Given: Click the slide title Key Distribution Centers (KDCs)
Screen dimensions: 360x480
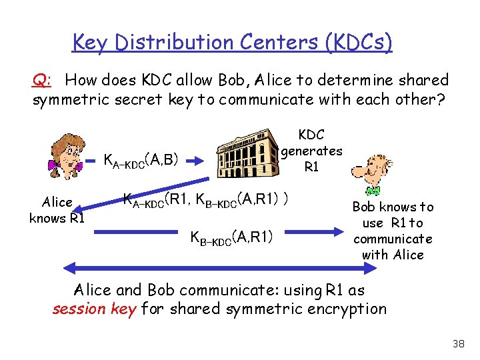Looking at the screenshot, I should click(x=232, y=43).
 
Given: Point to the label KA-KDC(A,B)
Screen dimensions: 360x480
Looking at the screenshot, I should click(x=141, y=160).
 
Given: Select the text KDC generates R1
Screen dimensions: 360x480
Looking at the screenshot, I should click(x=311, y=151).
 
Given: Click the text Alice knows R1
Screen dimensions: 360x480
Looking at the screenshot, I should click(x=57, y=210).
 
